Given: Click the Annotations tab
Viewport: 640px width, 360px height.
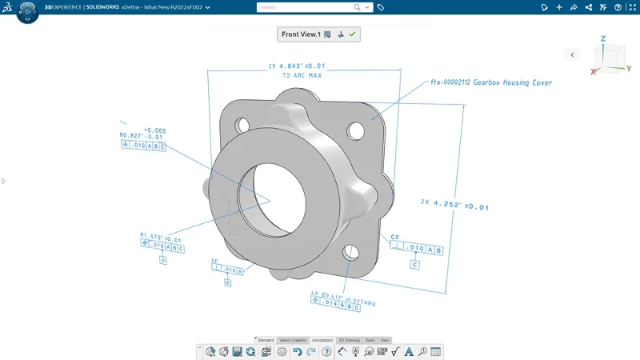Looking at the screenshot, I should pos(322,340).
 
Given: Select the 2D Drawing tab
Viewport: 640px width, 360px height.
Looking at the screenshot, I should pos(349,340).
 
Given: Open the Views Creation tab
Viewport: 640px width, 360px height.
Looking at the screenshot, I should pos(293,340).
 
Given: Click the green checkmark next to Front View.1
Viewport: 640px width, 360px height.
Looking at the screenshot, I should pos(352,34).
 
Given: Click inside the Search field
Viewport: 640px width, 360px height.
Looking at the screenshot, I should pos(304,7).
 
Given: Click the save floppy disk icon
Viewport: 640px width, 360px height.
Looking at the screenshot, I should pos(238,352).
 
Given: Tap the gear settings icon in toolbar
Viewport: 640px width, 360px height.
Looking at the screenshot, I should pos(282,352).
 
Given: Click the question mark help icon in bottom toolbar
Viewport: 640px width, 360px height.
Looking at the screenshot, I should pos(326,352).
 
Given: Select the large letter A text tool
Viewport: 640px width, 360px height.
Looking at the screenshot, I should pos(409,352).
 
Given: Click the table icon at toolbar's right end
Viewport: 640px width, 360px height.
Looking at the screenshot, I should pos(435,352).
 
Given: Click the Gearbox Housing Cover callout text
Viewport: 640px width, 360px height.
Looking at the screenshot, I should pos(491,82).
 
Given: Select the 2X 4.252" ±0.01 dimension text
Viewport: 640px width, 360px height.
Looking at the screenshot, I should pos(454,205).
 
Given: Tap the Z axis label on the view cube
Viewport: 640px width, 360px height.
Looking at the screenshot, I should pos(602,38).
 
